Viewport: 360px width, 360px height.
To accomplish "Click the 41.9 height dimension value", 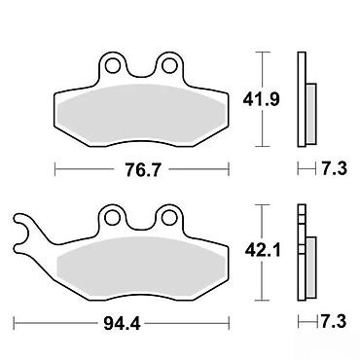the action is click(261, 99).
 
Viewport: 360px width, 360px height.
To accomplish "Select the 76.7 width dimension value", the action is click(141, 169).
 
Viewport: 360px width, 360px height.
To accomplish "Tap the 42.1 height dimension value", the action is click(262, 250).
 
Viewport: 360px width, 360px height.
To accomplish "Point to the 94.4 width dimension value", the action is click(122, 323).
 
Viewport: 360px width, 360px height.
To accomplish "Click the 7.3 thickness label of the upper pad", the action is click(334, 169).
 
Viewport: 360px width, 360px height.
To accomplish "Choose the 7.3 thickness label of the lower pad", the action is click(334, 321).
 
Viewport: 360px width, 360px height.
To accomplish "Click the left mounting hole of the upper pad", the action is click(112, 66).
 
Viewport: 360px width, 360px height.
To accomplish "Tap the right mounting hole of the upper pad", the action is click(168, 66).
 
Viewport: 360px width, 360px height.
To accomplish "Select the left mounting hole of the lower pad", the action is click(112, 217).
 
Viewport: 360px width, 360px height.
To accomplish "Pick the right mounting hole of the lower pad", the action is click(168, 217).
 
